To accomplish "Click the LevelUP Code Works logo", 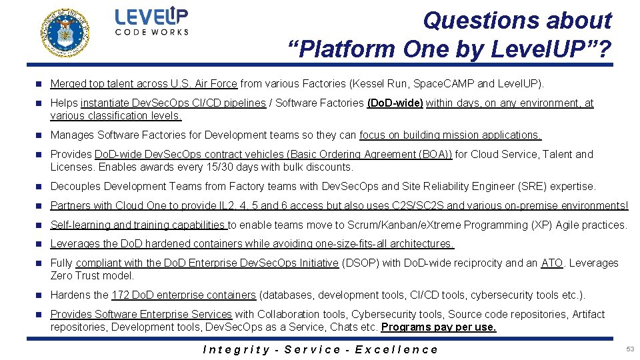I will pyautogui.click(x=151, y=21).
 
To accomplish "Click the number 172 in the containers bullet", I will pyautogui.click(x=121, y=295).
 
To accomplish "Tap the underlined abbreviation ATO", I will pyautogui.click(x=552, y=263).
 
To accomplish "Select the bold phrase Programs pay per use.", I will pyautogui.click(x=439, y=327).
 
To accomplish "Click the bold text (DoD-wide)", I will pyautogui.click(x=395, y=103).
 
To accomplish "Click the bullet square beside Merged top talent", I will pyautogui.click(x=39, y=84).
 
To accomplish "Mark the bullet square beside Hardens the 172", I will pyautogui.click(x=39, y=295).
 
